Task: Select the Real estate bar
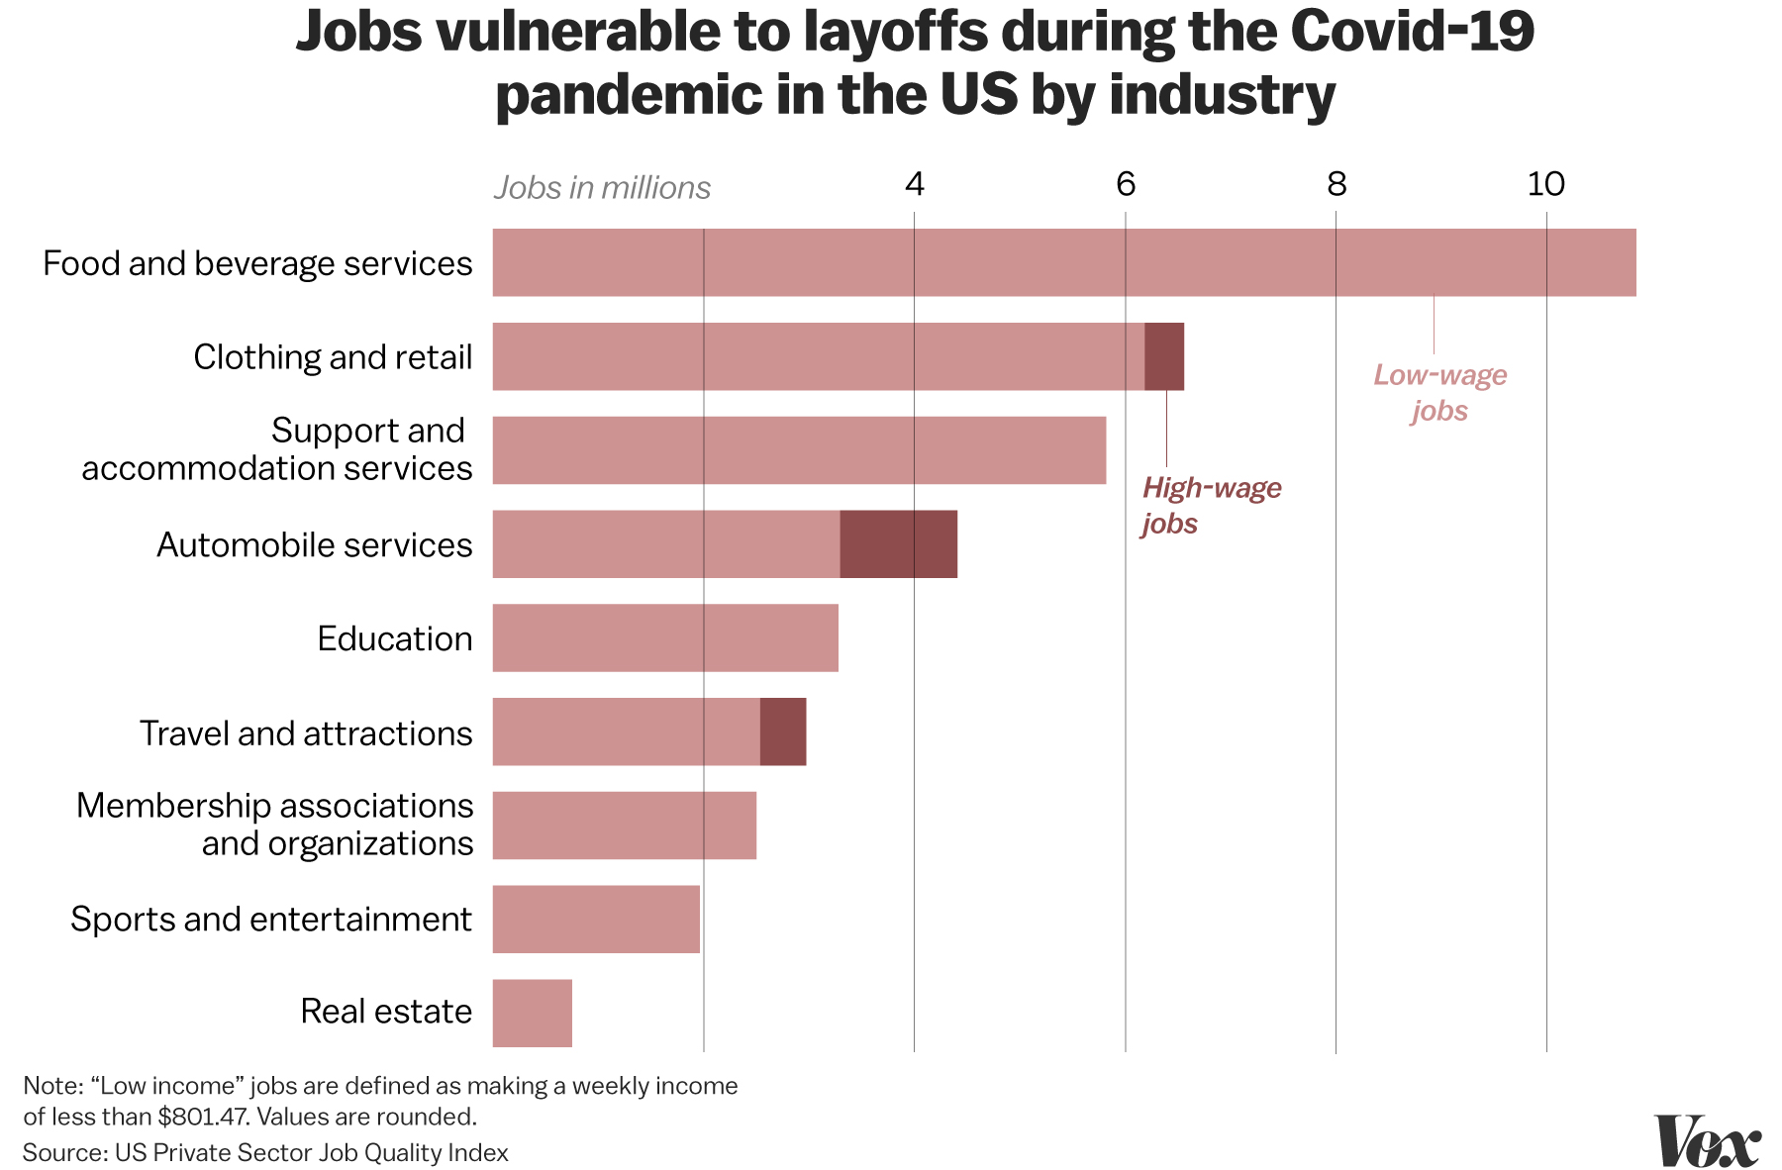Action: pos(533,1013)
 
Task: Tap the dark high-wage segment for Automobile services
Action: pos(898,543)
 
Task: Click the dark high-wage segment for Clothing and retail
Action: pos(1163,356)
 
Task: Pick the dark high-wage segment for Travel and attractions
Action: pos(782,731)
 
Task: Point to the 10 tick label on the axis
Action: pos(1545,184)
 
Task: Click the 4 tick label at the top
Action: pos(915,184)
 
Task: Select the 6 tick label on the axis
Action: pos(1126,184)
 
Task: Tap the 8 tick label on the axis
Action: pos(1336,184)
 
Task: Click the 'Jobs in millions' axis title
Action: pos(602,188)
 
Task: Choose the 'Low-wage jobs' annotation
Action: pos(1439,393)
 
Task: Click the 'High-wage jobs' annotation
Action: pos(1211,505)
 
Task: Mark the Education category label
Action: pos(394,638)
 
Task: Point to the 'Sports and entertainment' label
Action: pos(271,919)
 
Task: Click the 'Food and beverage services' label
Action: pos(257,263)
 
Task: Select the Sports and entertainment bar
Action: pos(596,919)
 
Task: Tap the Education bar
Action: pos(665,637)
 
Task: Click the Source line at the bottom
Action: pos(265,1152)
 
